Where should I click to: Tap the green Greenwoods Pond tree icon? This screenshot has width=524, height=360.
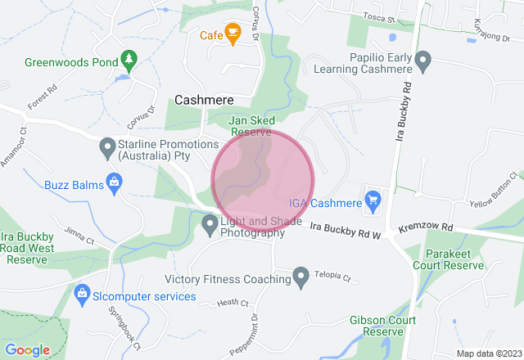[128, 59]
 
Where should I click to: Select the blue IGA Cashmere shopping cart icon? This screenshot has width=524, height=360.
[373, 199]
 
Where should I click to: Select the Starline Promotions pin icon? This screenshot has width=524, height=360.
[106, 148]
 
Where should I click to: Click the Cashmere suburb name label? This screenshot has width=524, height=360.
[203, 99]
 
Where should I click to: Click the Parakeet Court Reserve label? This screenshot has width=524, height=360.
[459, 259]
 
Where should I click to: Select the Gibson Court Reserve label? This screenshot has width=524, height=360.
[377, 326]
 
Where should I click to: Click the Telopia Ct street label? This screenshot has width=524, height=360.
[334, 277]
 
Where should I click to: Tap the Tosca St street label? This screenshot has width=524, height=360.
[380, 17]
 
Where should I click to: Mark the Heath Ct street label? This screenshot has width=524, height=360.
[233, 303]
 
